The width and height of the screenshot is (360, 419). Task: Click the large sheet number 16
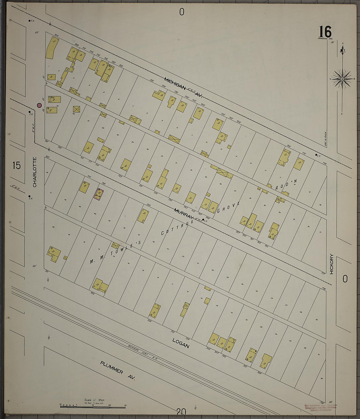click(325, 32)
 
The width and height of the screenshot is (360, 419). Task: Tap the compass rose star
click(342, 79)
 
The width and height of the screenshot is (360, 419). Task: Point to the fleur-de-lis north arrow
click(342, 50)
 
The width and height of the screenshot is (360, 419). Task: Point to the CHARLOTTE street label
click(35, 172)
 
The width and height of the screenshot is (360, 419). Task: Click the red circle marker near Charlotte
click(39, 105)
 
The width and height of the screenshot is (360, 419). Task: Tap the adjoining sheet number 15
click(16, 165)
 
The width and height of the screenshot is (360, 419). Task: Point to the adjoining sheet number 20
click(181, 411)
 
